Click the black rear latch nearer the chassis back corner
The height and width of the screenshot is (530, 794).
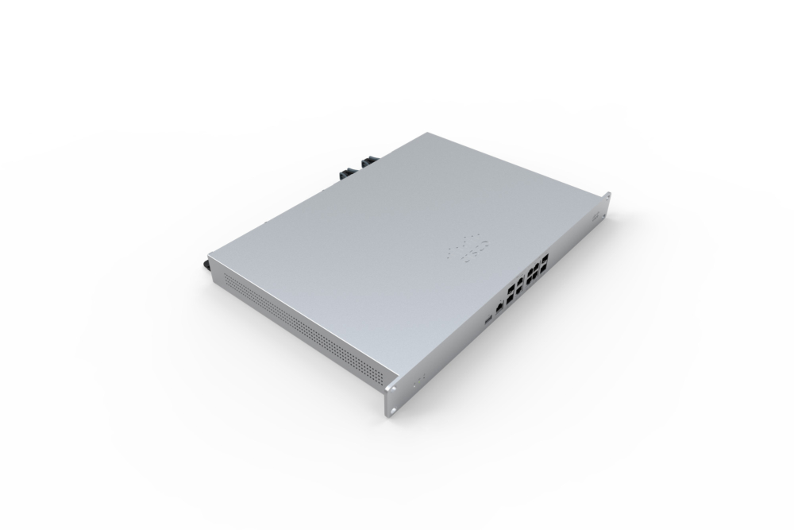coord(369,162)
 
